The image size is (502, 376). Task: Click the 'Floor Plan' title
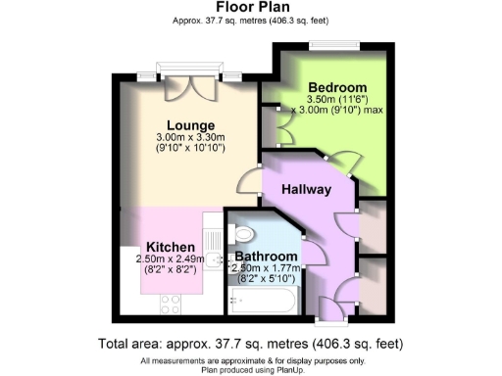point(250,7)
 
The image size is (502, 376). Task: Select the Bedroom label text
point(337,86)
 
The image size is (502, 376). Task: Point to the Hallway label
point(307,189)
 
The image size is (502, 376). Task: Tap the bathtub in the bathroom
point(261,300)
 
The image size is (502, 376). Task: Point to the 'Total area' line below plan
point(250,344)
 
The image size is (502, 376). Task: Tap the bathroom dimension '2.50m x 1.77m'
point(265,265)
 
